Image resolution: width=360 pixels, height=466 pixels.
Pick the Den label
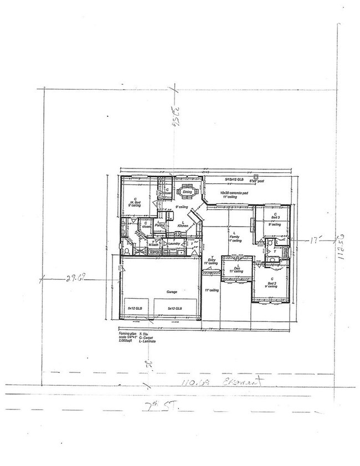point(236,268)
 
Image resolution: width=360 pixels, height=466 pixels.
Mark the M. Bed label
point(134,202)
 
